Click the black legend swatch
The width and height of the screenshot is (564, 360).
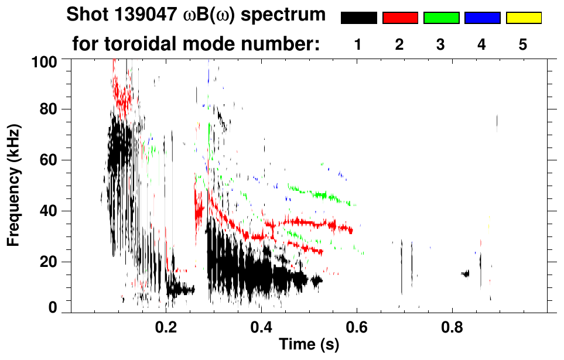click(358, 18)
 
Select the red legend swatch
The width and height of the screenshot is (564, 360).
click(400, 18)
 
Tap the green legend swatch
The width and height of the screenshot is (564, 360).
click(441, 18)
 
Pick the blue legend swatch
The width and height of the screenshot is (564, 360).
click(482, 18)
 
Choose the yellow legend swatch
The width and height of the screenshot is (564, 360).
click(523, 18)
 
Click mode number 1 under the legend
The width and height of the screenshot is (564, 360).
click(358, 44)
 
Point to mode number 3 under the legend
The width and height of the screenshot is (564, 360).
click(441, 44)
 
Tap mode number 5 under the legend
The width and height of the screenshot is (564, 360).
click(523, 44)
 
